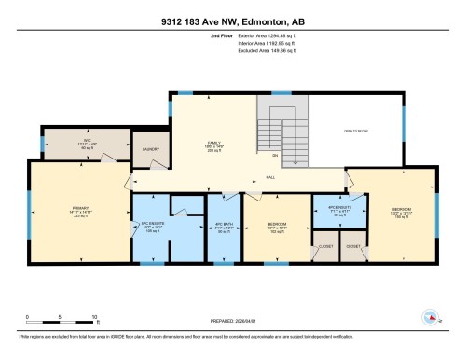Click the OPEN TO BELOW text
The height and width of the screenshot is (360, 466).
pyautogui.click(x=356, y=131)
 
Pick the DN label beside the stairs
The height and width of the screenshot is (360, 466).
pyautogui.click(x=275, y=156)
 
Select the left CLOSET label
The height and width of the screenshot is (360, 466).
pyautogui.click(x=325, y=247)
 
